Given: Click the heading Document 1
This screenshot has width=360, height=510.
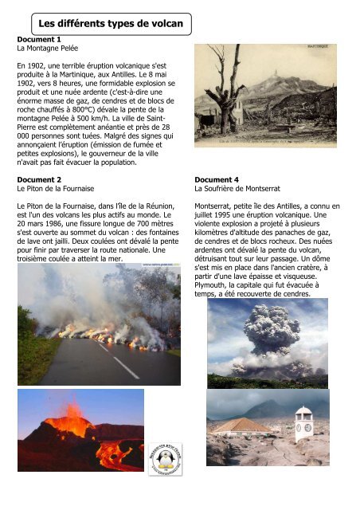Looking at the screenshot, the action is (39, 38).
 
